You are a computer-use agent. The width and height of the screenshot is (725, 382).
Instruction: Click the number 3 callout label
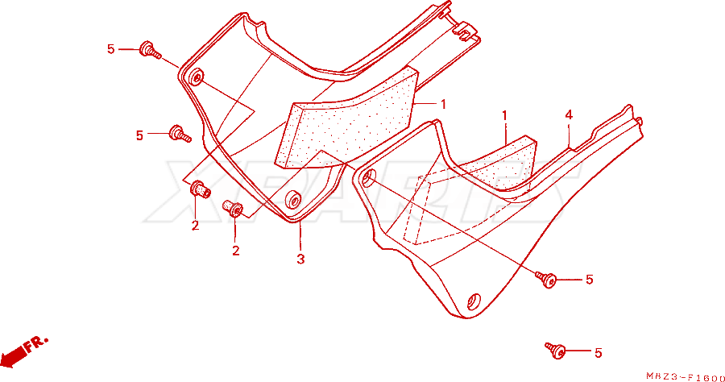tap(300, 260)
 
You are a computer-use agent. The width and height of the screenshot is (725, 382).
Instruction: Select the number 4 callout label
tap(569, 114)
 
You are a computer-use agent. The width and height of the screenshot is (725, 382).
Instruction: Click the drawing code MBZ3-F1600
tap(686, 377)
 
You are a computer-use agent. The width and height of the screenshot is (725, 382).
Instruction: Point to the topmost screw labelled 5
tap(150, 49)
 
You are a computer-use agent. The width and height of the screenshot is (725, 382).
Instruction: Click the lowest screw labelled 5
tap(556, 349)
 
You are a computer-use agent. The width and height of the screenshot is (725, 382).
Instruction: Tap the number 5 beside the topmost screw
tap(110, 49)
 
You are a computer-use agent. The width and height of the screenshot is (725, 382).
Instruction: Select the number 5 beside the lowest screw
tap(598, 353)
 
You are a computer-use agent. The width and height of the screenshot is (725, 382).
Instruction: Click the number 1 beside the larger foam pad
tap(443, 105)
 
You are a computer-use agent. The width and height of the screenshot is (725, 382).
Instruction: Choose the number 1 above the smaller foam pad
tap(505, 115)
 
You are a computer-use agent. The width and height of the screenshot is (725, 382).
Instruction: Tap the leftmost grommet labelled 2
tap(200, 189)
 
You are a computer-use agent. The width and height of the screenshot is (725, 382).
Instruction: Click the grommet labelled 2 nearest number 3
tap(234, 208)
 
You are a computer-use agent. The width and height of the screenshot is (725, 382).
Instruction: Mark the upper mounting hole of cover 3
tap(196, 77)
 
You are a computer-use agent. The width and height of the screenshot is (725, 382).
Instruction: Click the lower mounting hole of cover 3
tap(293, 199)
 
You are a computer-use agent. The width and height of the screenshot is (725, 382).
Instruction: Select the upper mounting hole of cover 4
tap(368, 177)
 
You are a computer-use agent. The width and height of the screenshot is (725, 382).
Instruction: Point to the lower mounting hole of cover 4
tap(473, 301)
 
